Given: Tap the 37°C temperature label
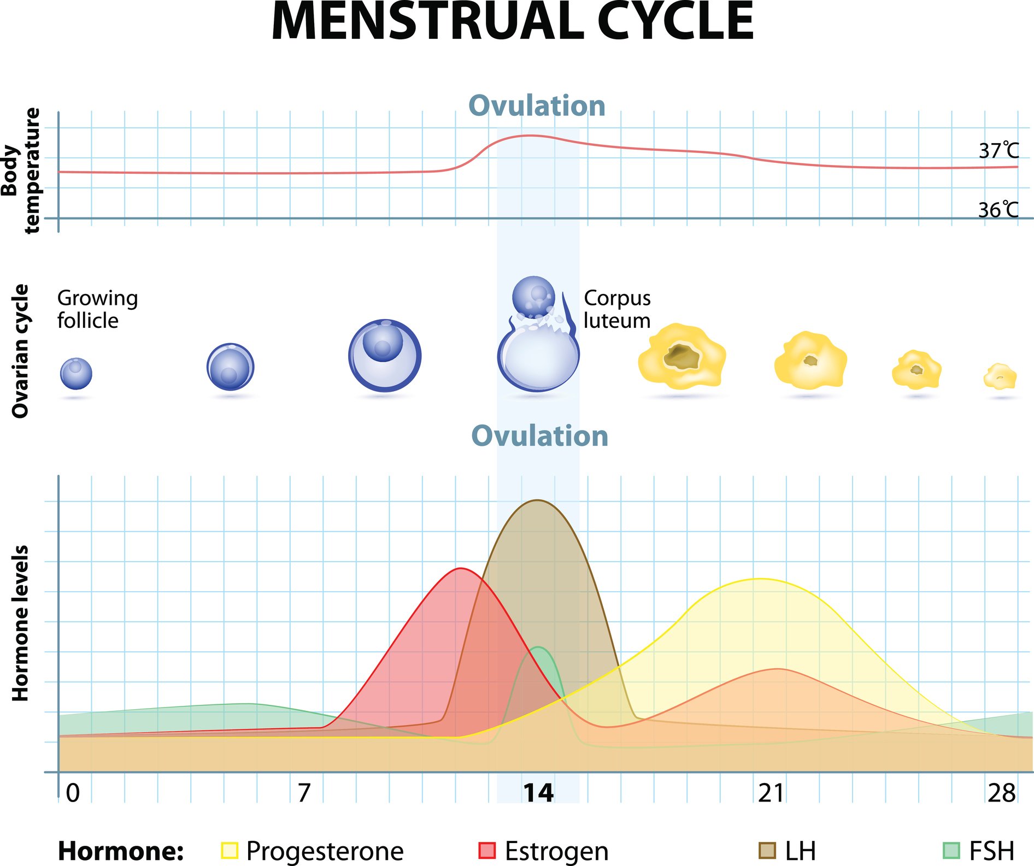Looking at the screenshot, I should (x=998, y=151).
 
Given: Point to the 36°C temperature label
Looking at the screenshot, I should (x=998, y=210).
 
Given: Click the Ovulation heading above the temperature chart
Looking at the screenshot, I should (x=537, y=105).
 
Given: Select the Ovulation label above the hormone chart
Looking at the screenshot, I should (x=539, y=436).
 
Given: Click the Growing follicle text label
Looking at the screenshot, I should (x=97, y=309).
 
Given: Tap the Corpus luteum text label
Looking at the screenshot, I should (x=617, y=309).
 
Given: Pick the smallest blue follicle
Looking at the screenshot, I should (x=76, y=374).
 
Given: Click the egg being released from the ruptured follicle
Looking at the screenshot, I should (x=533, y=297).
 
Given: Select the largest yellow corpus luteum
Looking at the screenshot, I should (x=682, y=356).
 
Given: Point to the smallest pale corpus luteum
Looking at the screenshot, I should (x=1000, y=376).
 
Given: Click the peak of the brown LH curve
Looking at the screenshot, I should (x=537, y=500).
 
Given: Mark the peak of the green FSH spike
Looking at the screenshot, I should (x=539, y=648).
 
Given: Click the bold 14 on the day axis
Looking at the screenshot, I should (x=538, y=793).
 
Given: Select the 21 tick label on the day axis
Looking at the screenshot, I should (x=771, y=793).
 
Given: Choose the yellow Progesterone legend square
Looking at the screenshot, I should (x=230, y=851).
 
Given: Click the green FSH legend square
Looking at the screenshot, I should (x=951, y=851).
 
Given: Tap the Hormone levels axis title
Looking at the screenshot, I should (x=20, y=623).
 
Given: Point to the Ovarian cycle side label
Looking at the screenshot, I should (x=20, y=351).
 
